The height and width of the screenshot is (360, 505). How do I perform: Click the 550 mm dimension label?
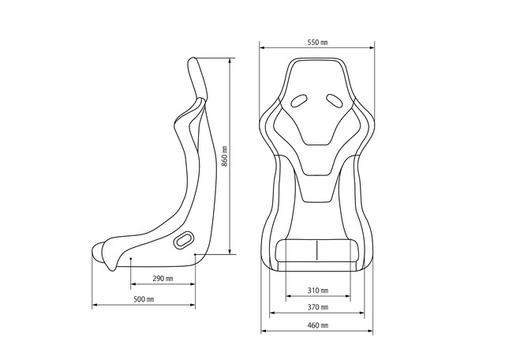pos(317,42)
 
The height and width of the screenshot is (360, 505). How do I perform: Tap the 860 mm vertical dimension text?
pos(225,156)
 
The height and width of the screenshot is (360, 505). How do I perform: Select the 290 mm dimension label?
pos(163,278)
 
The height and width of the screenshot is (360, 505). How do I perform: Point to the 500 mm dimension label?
pos(144,299)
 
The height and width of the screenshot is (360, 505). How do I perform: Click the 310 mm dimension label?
pos(318,291)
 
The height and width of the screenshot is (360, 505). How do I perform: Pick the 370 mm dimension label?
pos(318,307)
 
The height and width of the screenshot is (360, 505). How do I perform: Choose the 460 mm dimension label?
pos(318,325)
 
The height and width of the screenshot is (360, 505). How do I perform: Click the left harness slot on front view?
pos(299,100)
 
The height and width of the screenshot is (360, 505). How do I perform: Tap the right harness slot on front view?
pos(335,100)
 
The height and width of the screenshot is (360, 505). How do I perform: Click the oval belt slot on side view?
pos(184,240)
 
